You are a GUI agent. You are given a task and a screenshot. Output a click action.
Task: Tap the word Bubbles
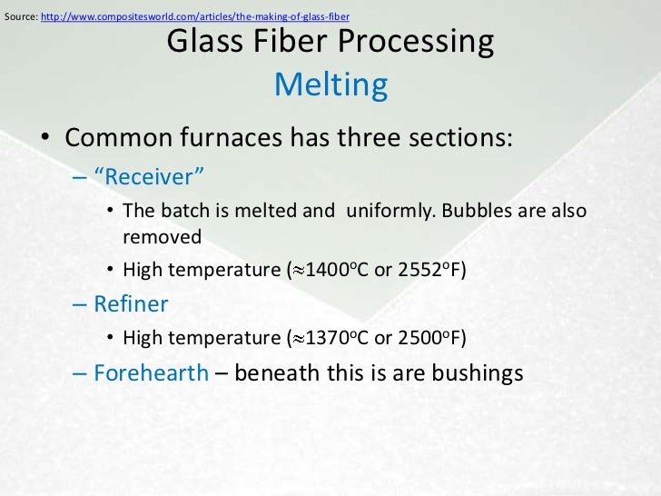478,210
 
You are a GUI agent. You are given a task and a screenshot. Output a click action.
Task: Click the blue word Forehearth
151,373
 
